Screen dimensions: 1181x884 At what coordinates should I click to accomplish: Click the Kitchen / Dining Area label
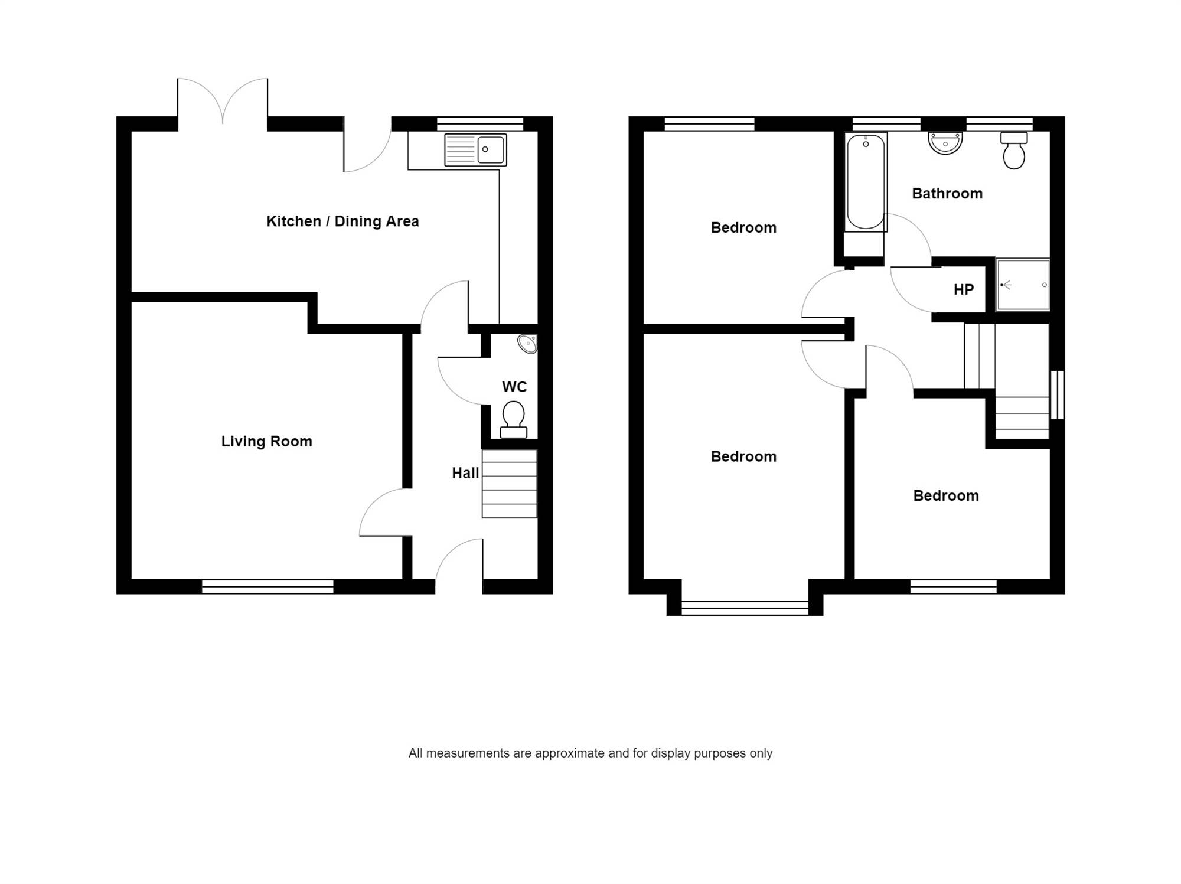tap(342, 221)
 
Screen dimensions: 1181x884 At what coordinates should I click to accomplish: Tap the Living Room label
tap(266, 442)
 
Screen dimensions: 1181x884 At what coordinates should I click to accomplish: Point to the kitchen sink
tap(475, 149)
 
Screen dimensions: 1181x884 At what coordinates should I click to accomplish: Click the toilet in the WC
tap(514, 420)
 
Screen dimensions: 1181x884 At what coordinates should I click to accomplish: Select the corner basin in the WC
tap(527, 344)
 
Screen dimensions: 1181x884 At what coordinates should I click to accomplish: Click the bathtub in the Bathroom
tap(866, 182)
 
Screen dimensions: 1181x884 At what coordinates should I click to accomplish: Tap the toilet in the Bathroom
tap(1014, 150)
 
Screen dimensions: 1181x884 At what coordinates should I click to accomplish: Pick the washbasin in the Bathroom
tap(945, 143)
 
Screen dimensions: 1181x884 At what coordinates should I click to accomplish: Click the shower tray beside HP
tap(1023, 285)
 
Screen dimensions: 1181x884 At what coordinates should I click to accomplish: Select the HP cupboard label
tap(964, 290)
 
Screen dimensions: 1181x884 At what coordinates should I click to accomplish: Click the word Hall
tap(465, 473)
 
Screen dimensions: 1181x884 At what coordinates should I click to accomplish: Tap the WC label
tap(514, 387)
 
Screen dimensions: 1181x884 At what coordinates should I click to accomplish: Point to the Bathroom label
tap(947, 194)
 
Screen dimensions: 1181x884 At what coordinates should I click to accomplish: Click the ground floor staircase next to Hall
tap(510, 484)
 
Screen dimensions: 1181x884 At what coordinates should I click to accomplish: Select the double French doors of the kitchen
tap(223, 101)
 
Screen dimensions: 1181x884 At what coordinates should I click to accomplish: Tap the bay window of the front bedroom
tap(745, 608)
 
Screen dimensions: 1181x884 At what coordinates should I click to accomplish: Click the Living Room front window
tap(267, 586)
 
